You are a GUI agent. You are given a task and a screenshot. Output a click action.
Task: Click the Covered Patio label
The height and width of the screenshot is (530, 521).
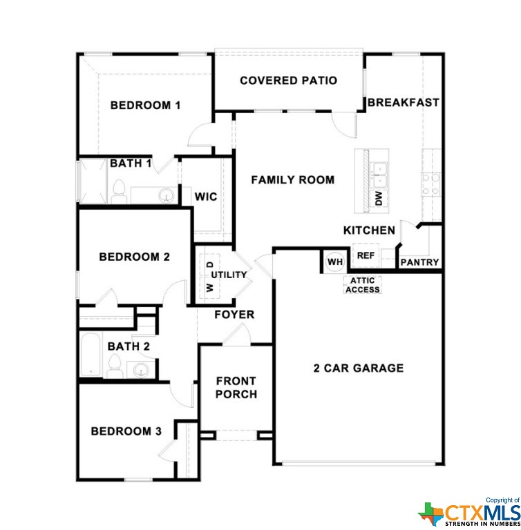[x=288, y=81]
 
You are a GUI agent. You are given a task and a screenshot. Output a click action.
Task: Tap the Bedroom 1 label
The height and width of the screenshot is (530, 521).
[x=145, y=105]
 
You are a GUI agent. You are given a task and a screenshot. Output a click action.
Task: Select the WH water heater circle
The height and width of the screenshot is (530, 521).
[x=335, y=262]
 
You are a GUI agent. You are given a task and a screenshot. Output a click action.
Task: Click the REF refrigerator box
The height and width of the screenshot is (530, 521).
[x=366, y=255]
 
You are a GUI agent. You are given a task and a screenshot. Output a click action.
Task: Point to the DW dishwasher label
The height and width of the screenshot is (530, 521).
[x=379, y=198]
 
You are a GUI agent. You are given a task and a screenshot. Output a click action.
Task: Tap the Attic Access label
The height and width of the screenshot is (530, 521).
[x=363, y=285]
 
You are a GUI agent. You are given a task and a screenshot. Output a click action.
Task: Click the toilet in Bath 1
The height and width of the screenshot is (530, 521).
[x=119, y=192]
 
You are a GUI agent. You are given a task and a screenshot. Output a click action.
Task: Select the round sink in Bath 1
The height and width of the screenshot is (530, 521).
[x=167, y=196]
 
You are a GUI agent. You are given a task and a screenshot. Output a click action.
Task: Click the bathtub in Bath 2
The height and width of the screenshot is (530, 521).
[x=91, y=354]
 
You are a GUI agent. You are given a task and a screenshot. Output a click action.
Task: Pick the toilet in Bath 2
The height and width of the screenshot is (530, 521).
[x=115, y=366]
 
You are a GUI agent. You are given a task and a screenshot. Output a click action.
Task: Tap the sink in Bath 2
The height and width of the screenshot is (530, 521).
[x=140, y=370]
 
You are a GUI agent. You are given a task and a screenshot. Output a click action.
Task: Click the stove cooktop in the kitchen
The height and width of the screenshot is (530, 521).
[x=430, y=184]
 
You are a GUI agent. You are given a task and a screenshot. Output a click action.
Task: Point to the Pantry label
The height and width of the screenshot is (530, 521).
[x=420, y=262]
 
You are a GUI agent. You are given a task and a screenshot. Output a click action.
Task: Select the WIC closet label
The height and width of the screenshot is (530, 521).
[x=206, y=197]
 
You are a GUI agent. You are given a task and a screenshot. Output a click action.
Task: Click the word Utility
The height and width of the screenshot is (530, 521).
[x=229, y=275]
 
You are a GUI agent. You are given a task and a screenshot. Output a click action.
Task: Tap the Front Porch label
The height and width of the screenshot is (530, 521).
[x=236, y=387]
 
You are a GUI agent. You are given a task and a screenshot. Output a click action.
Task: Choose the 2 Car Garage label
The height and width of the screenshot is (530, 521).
[x=359, y=368]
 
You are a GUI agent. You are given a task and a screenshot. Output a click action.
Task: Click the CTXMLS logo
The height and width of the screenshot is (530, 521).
[x=469, y=513]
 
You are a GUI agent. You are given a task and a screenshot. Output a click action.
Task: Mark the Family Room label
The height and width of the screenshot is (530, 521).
[x=293, y=179]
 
